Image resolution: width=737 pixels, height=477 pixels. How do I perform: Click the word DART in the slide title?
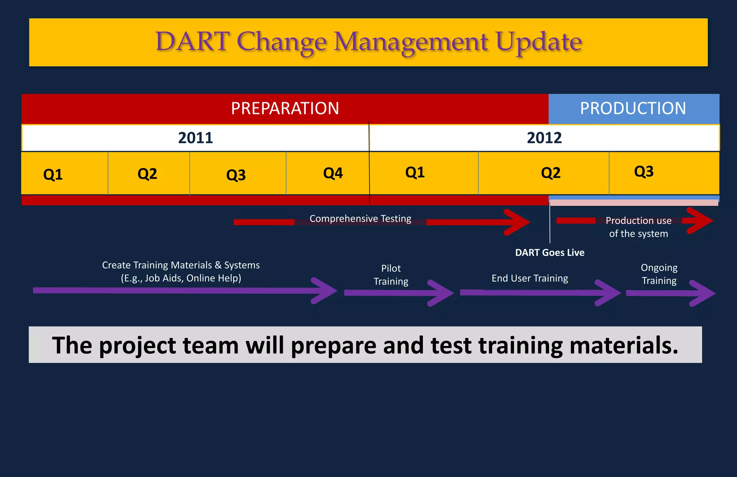tap(192, 41)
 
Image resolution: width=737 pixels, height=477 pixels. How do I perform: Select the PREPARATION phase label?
tap(285, 108)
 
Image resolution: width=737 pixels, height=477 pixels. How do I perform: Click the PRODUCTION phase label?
tap(633, 108)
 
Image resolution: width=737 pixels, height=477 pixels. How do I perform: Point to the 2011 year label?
tap(195, 138)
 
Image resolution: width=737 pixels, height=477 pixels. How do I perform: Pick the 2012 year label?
tap(544, 138)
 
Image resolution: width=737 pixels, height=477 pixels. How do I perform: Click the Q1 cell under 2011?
tap(53, 174)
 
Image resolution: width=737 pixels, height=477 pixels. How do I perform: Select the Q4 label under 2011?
tap(333, 173)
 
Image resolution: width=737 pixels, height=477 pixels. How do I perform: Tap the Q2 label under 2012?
tap(551, 173)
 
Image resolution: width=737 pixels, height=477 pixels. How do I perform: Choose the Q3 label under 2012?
tap(644, 171)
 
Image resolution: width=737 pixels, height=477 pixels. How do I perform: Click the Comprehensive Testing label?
tap(360, 219)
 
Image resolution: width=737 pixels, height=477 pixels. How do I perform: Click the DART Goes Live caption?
tap(550, 252)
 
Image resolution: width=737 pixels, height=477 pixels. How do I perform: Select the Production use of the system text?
tap(638, 227)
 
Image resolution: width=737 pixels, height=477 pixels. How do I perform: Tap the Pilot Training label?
tap(391, 275)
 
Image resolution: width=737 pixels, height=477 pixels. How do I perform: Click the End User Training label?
tap(530, 278)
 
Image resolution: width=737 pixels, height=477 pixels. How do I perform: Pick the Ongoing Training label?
tap(659, 274)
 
